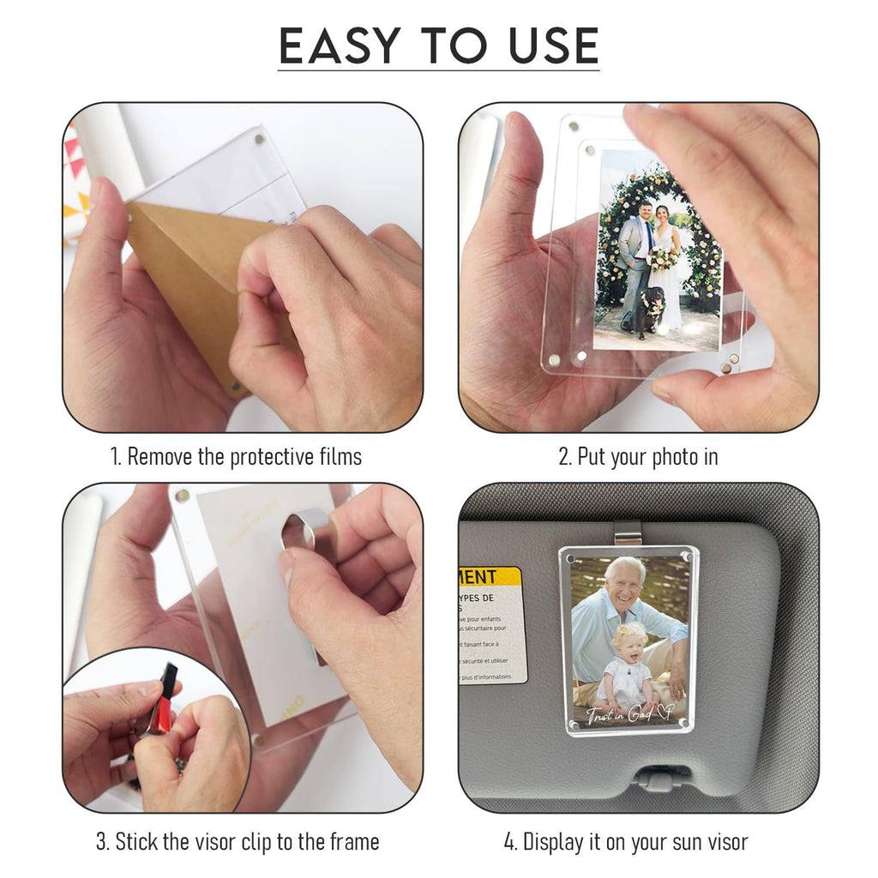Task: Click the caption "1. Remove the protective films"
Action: tap(236, 456)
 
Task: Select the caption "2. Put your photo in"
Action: tap(638, 456)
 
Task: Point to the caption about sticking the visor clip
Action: tap(237, 841)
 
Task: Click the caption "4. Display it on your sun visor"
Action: tap(626, 841)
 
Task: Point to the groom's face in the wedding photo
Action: tap(646, 209)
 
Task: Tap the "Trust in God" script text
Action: tap(629, 713)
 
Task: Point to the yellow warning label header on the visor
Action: tap(490, 576)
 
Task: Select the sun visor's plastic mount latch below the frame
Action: tap(663, 777)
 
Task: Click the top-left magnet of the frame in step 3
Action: tap(182, 495)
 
